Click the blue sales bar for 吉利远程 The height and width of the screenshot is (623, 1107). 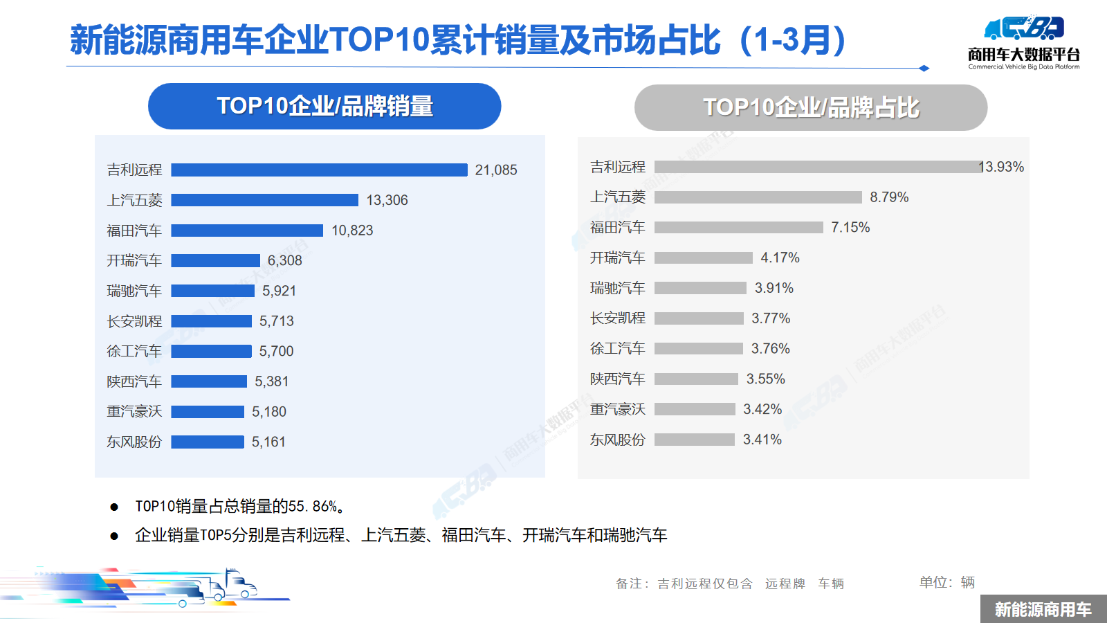(319, 170)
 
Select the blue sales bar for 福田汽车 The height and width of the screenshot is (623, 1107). (247, 231)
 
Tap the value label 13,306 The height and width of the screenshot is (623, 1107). (387, 200)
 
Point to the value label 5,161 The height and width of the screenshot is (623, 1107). (268, 442)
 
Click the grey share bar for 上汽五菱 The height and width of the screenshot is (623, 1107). (758, 197)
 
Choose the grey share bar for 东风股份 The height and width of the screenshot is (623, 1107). (694, 440)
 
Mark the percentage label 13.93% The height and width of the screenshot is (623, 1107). (1001, 167)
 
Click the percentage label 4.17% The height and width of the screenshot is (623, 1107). (780, 258)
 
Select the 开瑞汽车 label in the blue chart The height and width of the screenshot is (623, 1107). (134, 260)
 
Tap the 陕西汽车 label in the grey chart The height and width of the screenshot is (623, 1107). (617, 379)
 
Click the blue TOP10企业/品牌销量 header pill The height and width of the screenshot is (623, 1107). (324, 106)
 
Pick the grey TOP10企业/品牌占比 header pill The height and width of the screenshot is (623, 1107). (810, 107)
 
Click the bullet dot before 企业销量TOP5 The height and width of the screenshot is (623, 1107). (114, 536)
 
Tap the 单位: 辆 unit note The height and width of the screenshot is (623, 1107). (946, 582)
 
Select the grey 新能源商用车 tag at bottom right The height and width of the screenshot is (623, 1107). (1043, 609)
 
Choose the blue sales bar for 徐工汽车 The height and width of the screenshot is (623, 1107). (211, 351)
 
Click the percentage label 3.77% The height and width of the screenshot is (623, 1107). (771, 318)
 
